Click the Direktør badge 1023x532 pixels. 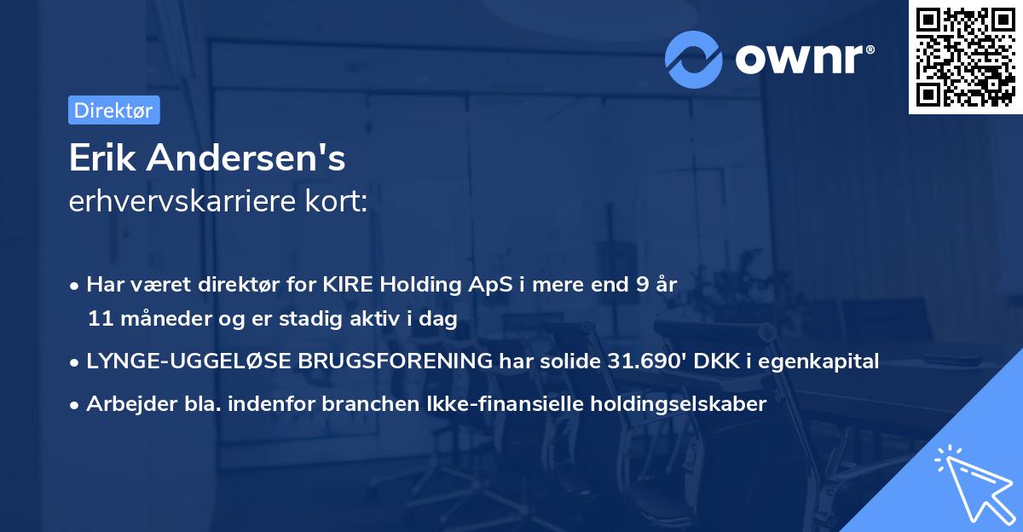point(113,110)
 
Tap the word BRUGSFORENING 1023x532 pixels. point(396,361)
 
